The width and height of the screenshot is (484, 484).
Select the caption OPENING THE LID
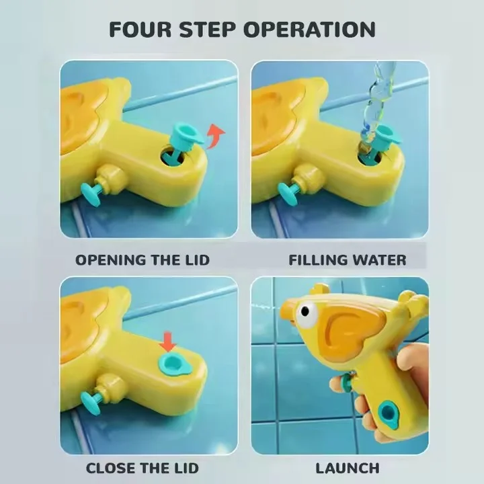(x=143, y=259)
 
